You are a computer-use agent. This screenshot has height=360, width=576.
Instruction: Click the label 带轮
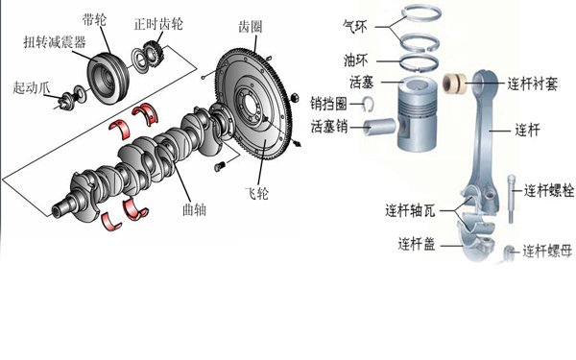coord(94,19)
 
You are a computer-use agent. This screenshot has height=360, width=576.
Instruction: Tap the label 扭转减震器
coord(55,42)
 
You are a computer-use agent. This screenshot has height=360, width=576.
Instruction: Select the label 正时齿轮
coord(158,24)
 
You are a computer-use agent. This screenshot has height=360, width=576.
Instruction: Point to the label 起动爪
coord(32,87)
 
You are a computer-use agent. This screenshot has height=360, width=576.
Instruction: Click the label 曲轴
coord(194,209)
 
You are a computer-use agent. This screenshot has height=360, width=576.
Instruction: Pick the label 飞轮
coord(256,193)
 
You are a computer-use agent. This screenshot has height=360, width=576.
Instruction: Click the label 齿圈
coord(251,27)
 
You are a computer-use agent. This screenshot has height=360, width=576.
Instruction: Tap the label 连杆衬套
coord(533,84)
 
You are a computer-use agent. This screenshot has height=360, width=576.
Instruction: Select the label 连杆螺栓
coord(549,191)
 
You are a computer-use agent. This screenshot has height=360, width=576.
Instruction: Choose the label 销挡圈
coord(328,104)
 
